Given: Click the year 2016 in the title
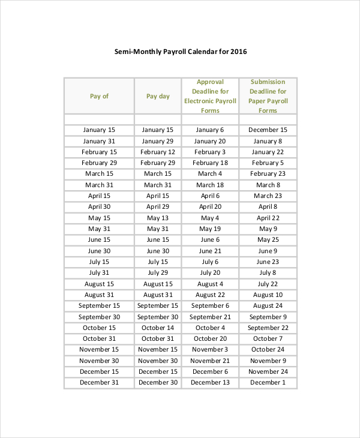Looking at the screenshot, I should (x=238, y=52).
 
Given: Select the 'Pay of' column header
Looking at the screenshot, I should (x=99, y=96).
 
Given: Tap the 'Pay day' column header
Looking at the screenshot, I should (x=158, y=96).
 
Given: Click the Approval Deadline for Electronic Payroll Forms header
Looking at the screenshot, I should (x=210, y=96).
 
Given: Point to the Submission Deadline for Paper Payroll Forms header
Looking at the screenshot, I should (x=268, y=96).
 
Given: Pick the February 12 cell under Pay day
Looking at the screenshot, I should (x=158, y=152).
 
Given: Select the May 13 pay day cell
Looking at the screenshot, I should (x=158, y=218).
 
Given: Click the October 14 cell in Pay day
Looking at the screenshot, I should (x=158, y=328).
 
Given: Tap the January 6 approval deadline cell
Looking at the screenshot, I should (x=210, y=130).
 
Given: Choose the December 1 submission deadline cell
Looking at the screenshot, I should (x=268, y=382).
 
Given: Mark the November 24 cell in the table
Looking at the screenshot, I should (x=268, y=371).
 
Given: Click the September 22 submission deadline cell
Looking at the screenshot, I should (x=268, y=328).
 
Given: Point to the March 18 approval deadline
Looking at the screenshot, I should (x=210, y=185).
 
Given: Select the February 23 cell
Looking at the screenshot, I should (x=268, y=174).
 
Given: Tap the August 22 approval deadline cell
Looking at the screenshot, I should (x=210, y=295).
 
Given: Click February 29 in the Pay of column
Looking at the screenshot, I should (x=99, y=163).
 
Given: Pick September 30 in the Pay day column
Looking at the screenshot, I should (x=158, y=317).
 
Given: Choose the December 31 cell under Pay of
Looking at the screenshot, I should (x=99, y=382).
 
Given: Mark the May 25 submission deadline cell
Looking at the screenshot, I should (x=268, y=239).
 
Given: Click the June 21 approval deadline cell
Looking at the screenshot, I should (x=210, y=251).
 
